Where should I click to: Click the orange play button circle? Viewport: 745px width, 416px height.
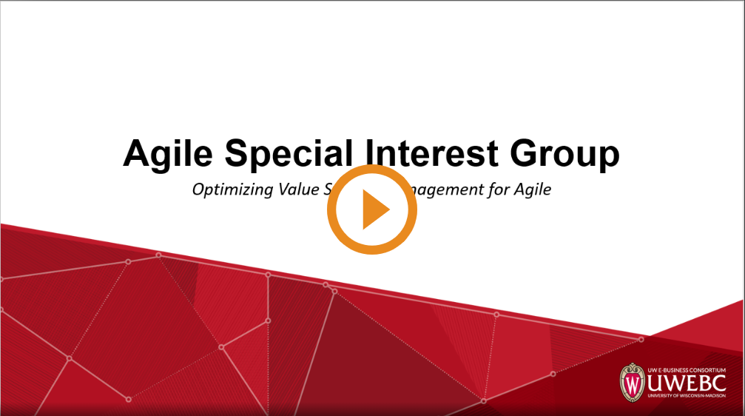372,209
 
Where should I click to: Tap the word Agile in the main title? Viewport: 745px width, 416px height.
168,154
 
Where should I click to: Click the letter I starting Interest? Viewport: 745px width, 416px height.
372,153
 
